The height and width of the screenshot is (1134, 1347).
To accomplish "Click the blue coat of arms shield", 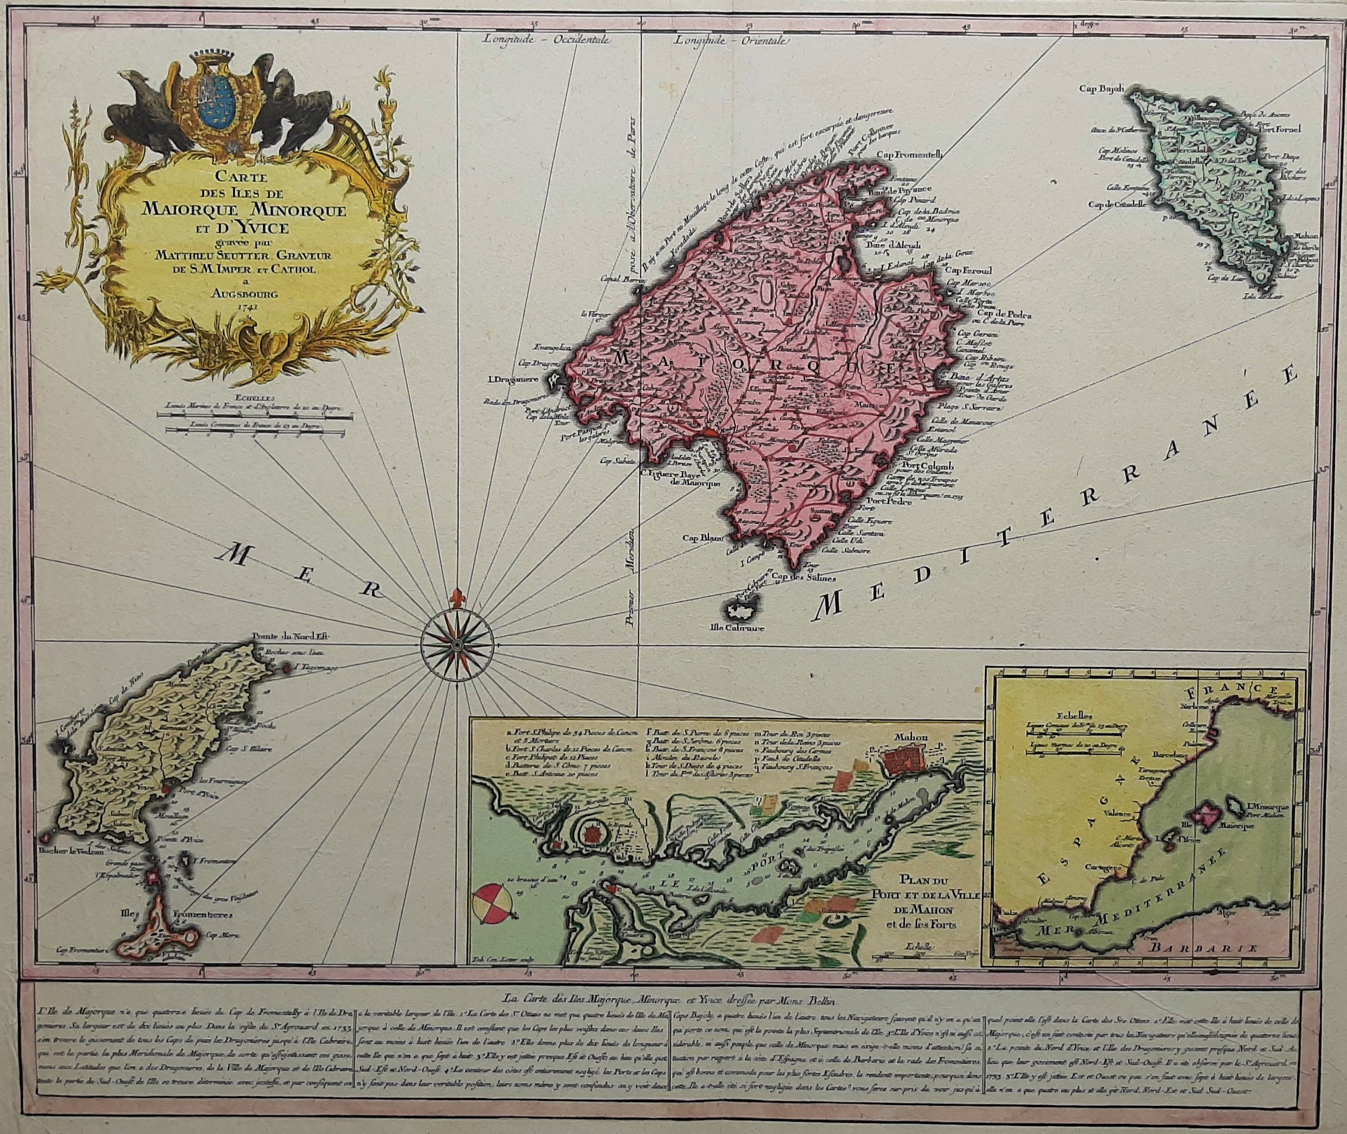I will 222,102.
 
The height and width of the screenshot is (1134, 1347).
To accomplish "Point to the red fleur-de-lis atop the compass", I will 456,596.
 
